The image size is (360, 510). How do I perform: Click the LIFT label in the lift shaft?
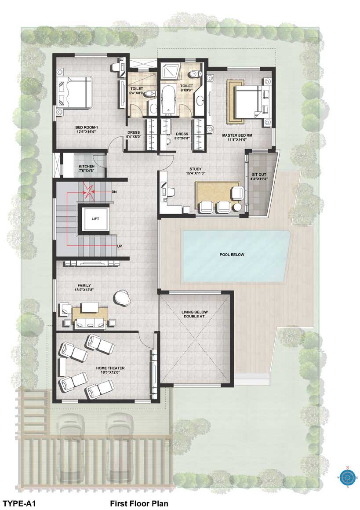point(95,219)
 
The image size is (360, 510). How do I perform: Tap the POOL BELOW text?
point(232,255)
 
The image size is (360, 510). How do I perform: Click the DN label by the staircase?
point(114,192)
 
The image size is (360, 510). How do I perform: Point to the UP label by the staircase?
point(120,246)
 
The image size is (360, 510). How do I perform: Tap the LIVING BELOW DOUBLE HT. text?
point(194,314)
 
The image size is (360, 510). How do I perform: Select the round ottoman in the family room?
point(122,297)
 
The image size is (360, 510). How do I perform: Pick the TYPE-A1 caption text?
point(18,503)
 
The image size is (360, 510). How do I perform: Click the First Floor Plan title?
point(139,503)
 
